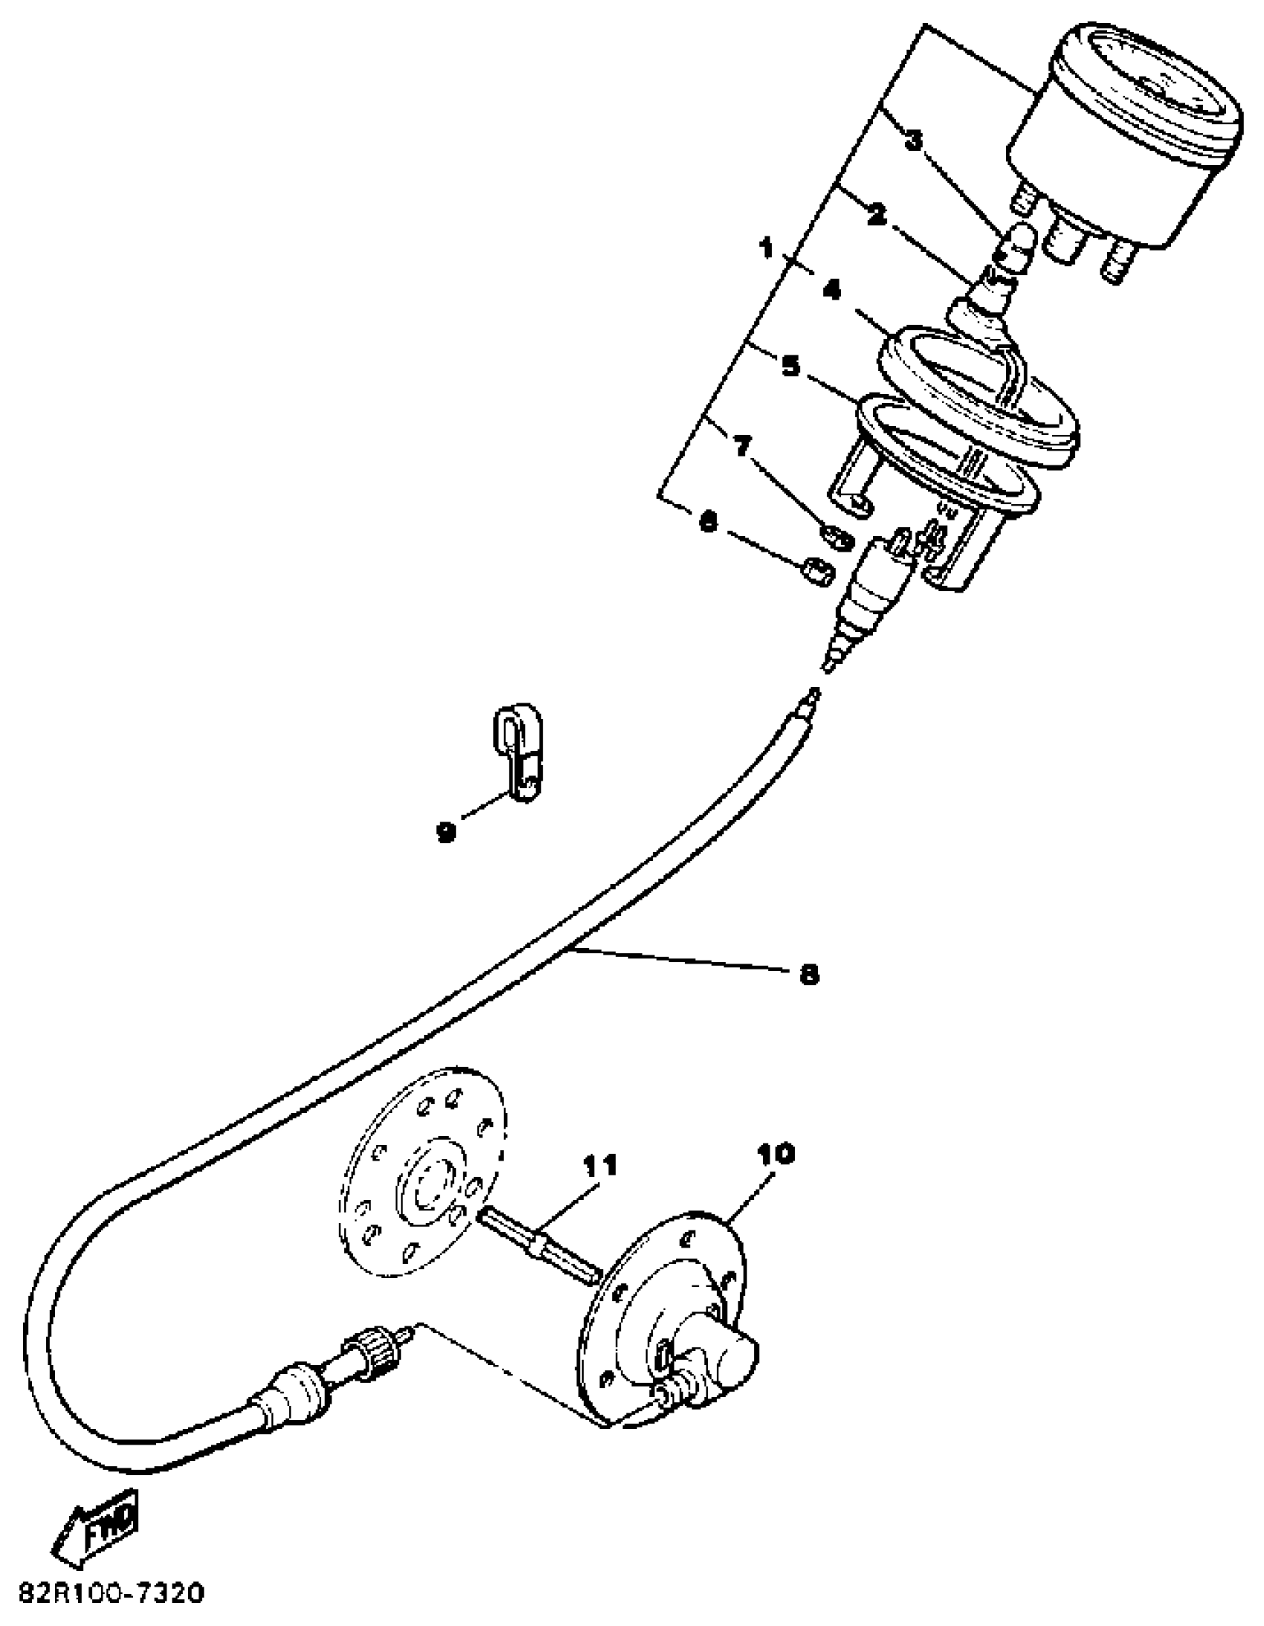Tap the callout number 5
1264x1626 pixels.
click(790, 367)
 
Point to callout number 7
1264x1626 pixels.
click(741, 446)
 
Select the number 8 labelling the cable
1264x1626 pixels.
click(808, 975)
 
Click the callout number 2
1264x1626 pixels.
click(876, 216)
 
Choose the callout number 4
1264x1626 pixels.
click(831, 289)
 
